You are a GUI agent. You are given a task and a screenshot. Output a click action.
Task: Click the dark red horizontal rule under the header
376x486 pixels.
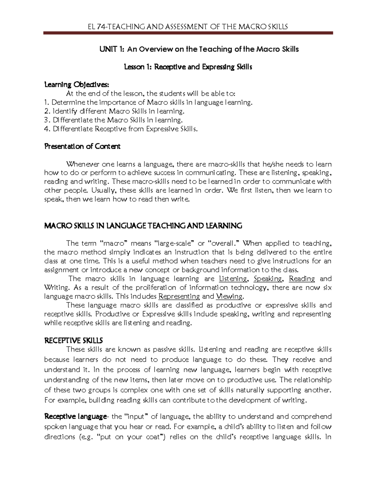coord(188,33)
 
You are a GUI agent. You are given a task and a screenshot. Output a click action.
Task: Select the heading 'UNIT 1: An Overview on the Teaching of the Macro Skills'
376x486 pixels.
coord(199,49)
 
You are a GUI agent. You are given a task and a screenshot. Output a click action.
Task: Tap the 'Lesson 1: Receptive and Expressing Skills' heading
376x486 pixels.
coord(188,67)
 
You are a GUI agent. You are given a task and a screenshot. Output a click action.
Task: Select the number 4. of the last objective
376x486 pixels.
coord(47,129)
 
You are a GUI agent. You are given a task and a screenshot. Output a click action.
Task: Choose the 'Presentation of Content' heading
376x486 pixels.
coord(82,146)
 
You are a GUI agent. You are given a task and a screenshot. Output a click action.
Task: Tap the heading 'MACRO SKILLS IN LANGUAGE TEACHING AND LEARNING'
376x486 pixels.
coord(143,226)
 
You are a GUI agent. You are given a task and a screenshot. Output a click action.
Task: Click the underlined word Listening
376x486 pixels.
coord(233,279)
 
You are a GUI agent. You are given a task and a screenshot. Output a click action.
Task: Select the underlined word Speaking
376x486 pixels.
coord(268,279)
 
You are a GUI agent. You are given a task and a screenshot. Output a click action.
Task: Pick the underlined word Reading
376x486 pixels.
coord(302,279)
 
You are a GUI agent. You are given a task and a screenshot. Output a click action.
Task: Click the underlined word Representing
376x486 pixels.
coord(179,296)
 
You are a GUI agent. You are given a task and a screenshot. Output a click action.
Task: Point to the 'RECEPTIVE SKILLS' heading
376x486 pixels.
coord(74,340)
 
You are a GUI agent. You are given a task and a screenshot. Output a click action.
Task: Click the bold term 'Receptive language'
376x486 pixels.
coord(76,417)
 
